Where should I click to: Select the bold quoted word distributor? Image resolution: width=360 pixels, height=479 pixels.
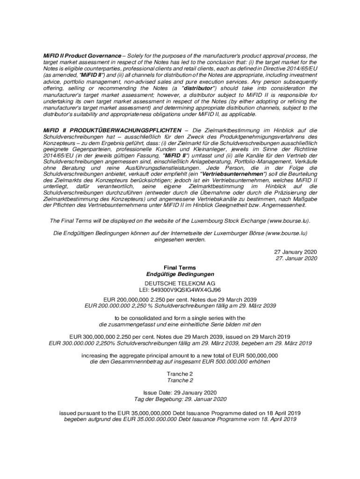click(x=199, y=88)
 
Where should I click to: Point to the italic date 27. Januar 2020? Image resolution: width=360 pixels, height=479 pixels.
click(x=296, y=258)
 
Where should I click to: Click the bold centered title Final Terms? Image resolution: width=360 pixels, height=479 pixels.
click(x=180, y=268)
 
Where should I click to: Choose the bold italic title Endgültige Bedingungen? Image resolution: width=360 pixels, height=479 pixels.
click(x=180, y=274)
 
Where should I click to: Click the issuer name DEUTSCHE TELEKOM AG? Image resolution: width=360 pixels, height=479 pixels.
click(x=180, y=283)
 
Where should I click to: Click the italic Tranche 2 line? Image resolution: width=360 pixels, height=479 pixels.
click(x=180, y=380)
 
